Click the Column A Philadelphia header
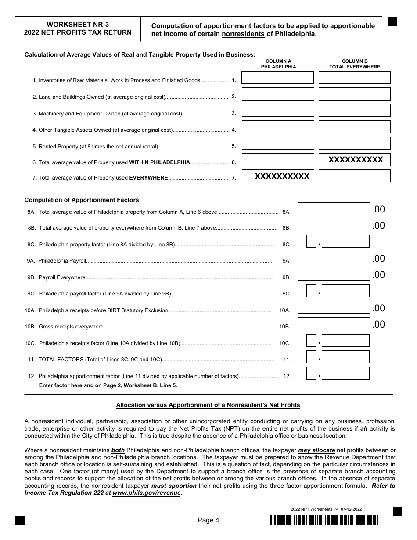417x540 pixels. (278, 64)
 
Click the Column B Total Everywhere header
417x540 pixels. (355, 64)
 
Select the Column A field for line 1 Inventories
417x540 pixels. (278, 78)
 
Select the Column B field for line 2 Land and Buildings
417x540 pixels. (354, 94)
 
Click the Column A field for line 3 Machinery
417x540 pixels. (278, 111)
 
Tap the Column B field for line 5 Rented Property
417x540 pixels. (354, 144)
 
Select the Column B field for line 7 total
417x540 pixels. (354, 176)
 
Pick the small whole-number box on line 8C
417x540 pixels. (311, 242)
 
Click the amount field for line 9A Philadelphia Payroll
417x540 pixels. (334, 258)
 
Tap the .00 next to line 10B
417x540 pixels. (378, 324)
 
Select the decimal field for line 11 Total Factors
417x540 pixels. (345, 357)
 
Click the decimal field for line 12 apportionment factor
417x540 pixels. (345, 374)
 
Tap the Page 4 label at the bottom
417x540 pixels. (208, 520)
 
